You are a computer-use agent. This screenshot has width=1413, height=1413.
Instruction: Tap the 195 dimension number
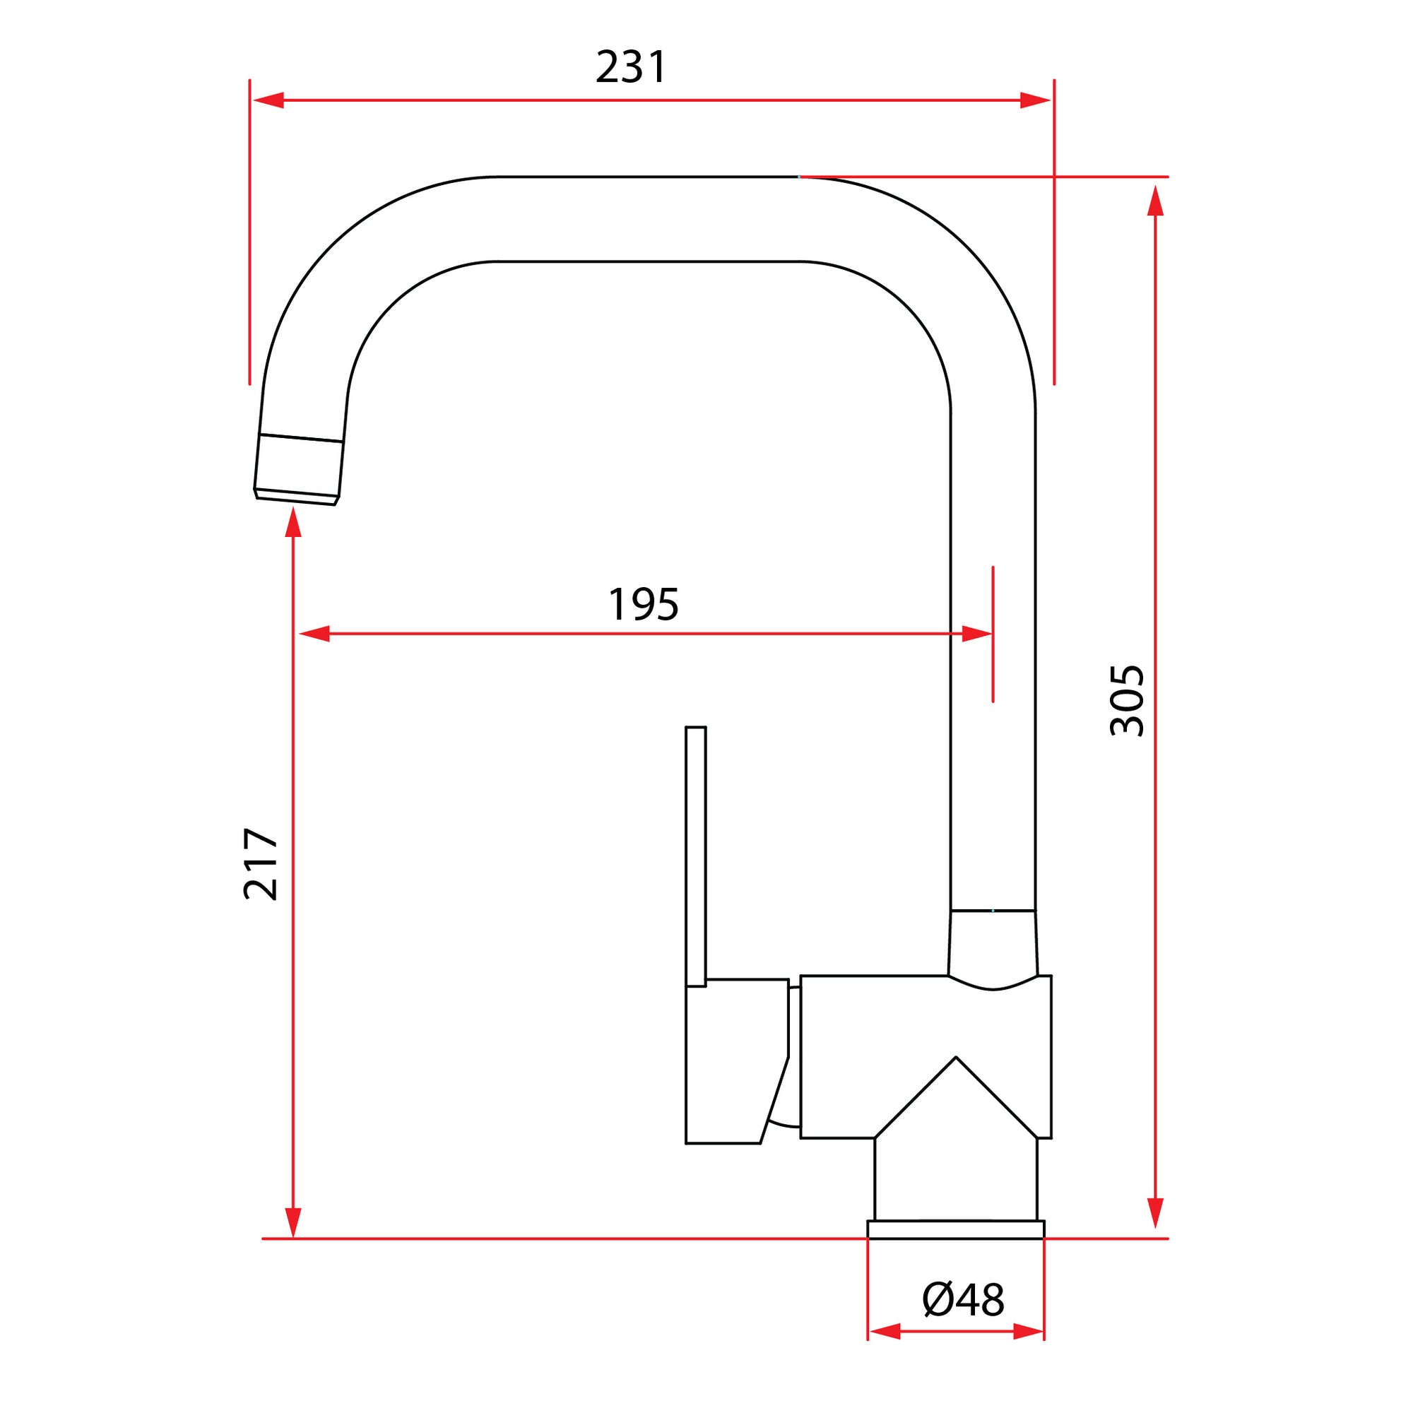(643, 605)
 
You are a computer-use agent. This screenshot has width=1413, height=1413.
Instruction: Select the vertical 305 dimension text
(1126, 700)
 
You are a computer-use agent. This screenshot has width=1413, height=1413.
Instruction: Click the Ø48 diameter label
(963, 1300)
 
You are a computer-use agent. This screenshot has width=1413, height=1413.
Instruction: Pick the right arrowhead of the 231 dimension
(1035, 100)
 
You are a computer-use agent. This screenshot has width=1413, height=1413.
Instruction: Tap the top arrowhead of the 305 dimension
(1155, 201)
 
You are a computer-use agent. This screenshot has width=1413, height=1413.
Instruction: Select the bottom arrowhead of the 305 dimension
(1155, 1212)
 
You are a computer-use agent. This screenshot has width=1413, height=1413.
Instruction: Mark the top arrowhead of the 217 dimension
(293, 521)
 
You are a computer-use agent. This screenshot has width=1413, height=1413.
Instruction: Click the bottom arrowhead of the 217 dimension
(293, 1222)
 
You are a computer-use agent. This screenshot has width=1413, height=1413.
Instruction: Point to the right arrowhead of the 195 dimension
(976, 633)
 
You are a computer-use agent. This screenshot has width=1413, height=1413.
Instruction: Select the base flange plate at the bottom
(955, 1229)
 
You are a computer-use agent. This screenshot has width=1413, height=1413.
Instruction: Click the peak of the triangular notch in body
(955, 1058)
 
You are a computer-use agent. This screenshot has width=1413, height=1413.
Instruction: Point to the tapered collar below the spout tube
(993, 946)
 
